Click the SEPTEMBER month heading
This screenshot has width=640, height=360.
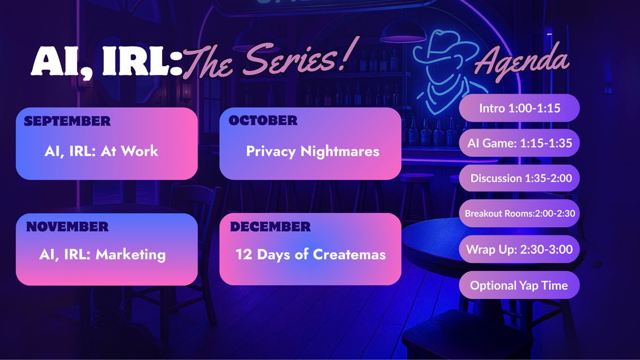(x=67, y=121)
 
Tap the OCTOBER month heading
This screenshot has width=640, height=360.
(x=263, y=121)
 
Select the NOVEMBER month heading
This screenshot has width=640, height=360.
(x=67, y=227)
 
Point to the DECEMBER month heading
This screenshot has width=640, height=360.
(x=270, y=227)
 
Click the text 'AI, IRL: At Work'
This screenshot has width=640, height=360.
(x=101, y=151)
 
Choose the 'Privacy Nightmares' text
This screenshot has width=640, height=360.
(x=313, y=151)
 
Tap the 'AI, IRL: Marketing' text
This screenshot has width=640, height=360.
(x=103, y=254)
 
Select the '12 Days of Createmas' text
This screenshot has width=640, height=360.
(x=310, y=254)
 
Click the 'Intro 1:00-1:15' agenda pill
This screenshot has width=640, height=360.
(x=519, y=108)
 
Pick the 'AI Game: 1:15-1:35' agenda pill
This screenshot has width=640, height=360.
(x=519, y=143)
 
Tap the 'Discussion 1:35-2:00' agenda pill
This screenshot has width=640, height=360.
(x=521, y=178)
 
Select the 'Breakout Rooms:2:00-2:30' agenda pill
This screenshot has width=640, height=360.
(x=519, y=213)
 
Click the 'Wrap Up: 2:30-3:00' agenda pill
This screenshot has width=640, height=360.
(x=519, y=249)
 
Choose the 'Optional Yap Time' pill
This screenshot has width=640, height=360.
(x=519, y=285)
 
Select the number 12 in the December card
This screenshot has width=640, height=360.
(x=244, y=254)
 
